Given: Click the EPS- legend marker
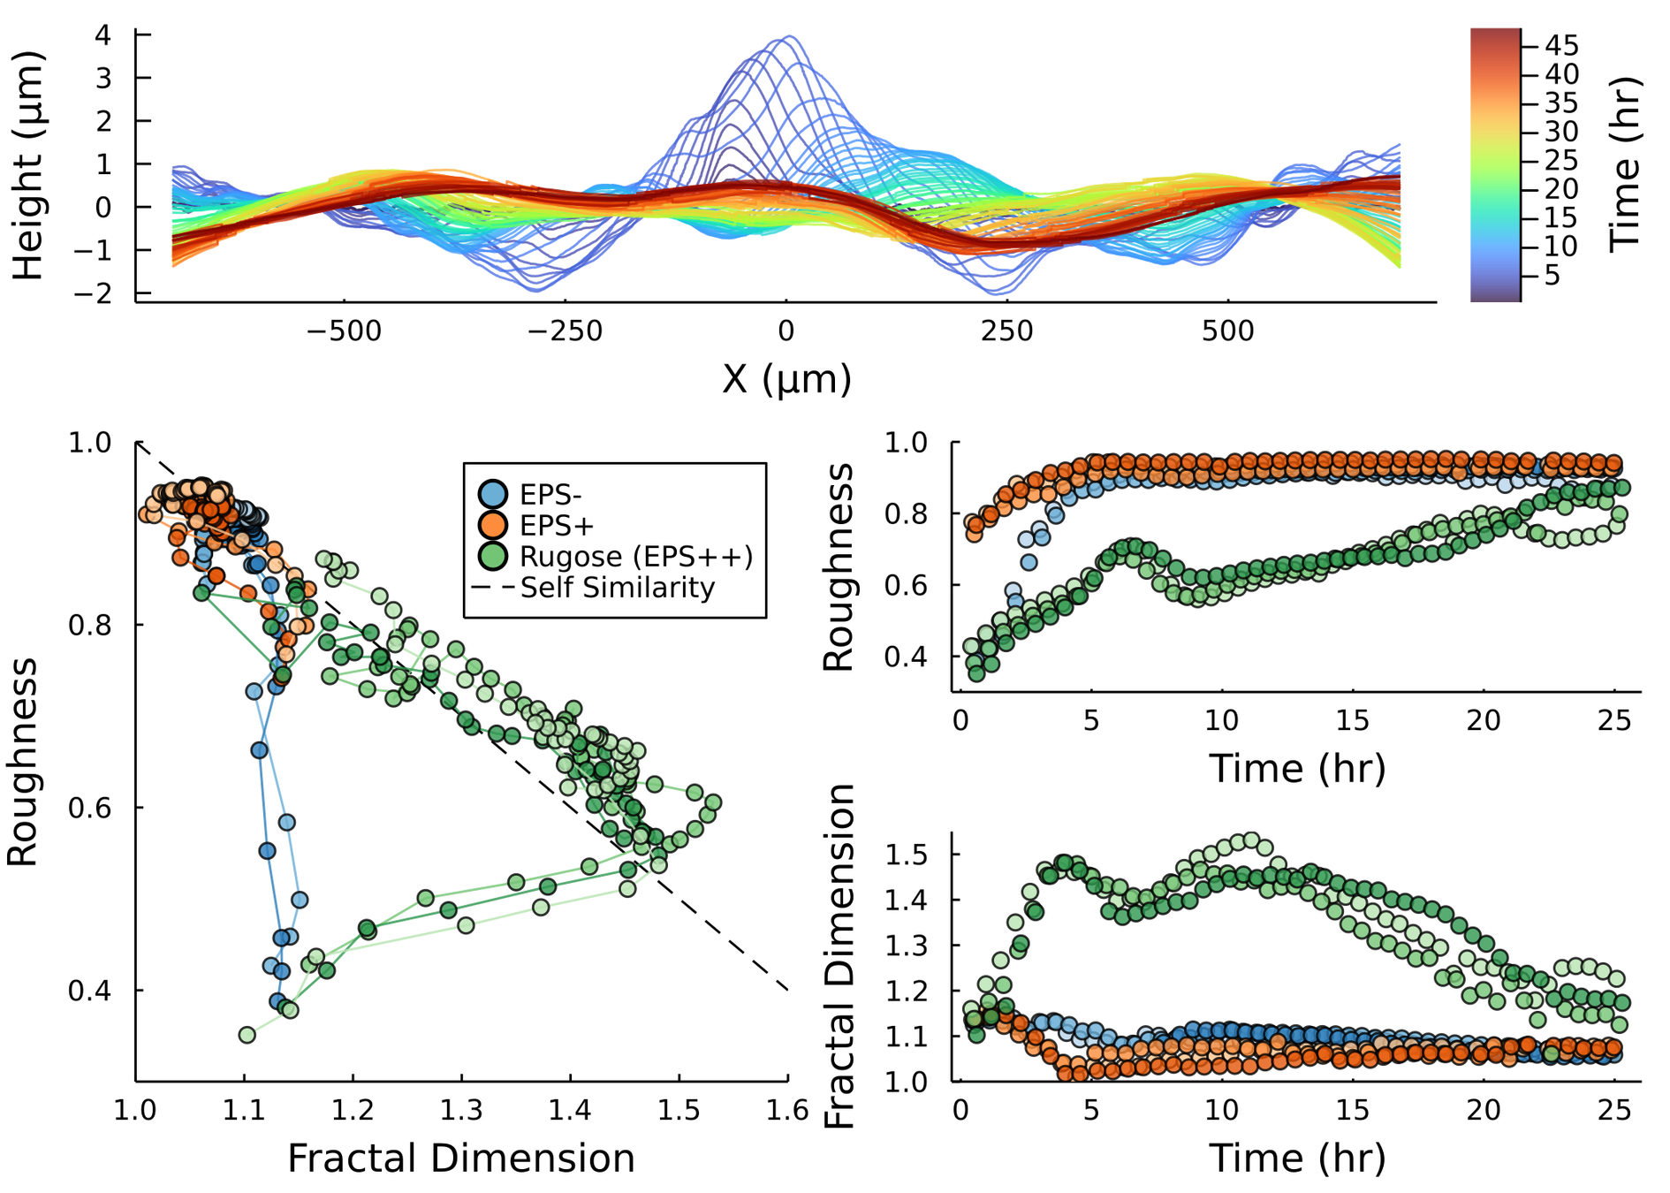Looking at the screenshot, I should pyautogui.click(x=492, y=494).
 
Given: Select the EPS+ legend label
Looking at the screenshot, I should pyautogui.click(x=557, y=526).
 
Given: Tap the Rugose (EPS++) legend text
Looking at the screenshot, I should pyautogui.click(x=636, y=557).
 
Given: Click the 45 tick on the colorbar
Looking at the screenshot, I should pyautogui.click(x=1561, y=46).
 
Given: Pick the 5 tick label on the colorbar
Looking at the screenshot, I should pyautogui.click(x=1552, y=276).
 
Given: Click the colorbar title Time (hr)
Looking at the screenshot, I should pyautogui.click(x=1624, y=164).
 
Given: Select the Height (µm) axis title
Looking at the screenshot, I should pyautogui.click(x=28, y=165).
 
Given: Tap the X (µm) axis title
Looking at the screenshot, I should pyautogui.click(x=786, y=379).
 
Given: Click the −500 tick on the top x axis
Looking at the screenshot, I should pyautogui.click(x=344, y=331).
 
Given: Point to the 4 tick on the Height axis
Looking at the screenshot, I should pyautogui.click(x=104, y=35).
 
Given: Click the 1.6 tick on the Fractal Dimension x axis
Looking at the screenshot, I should pyautogui.click(x=787, y=1111).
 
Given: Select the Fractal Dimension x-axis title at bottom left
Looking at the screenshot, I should pyautogui.click(x=461, y=1159).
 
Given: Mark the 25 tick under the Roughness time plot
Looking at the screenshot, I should pyautogui.click(x=1613, y=720).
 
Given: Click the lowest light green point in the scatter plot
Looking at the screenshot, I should pyautogui.click(x=247, y=1035).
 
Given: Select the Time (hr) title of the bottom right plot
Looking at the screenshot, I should pyautogui.click(x=1296, y=1159).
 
